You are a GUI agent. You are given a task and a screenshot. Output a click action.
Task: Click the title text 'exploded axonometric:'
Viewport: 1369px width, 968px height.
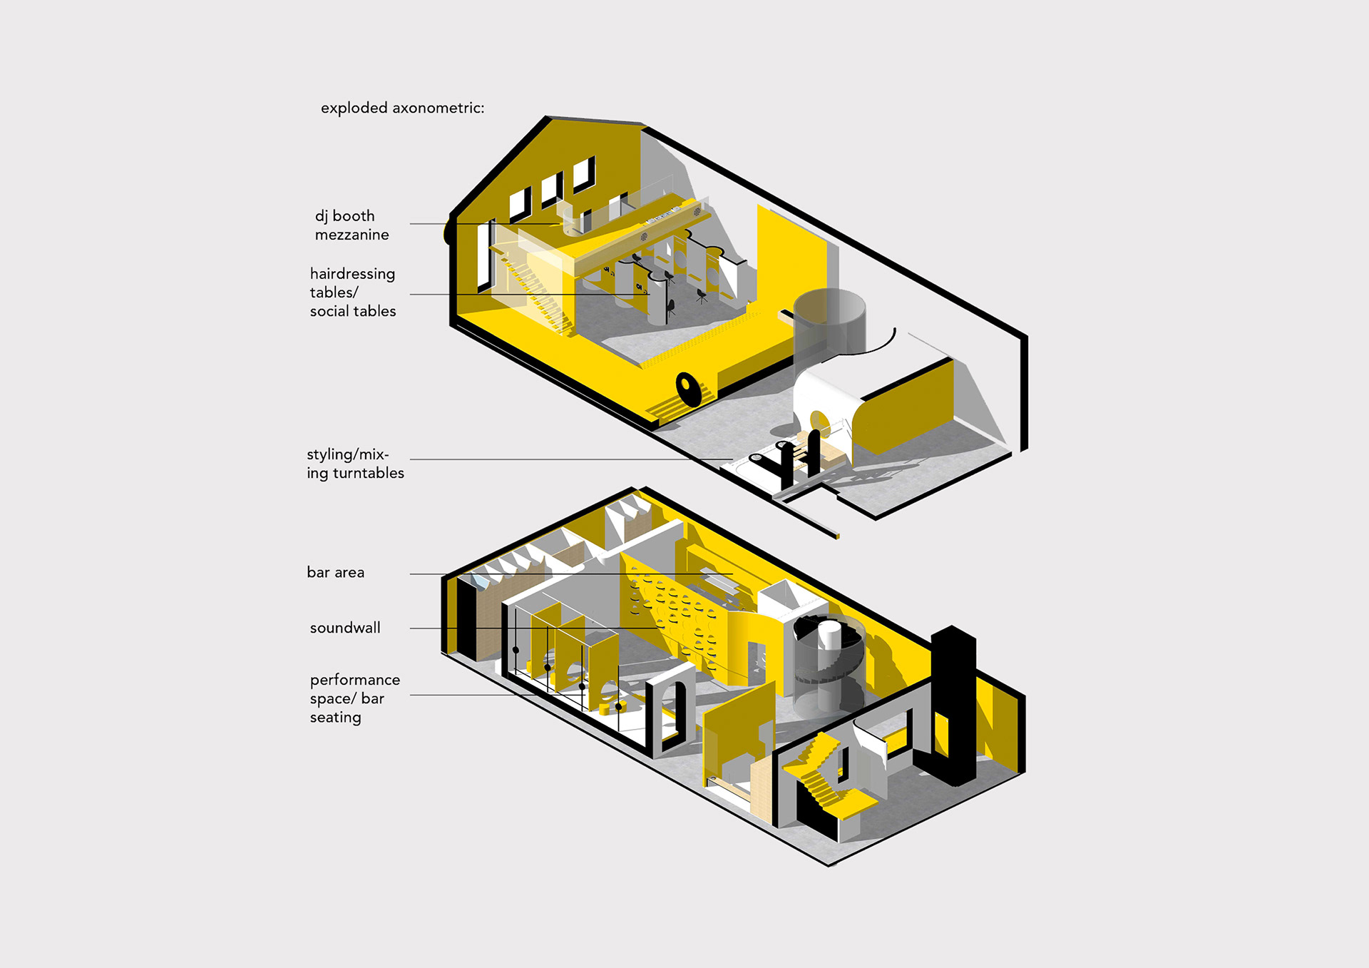point(402,108)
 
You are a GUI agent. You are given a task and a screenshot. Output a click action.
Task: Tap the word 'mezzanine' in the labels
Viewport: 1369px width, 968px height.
point(352,235)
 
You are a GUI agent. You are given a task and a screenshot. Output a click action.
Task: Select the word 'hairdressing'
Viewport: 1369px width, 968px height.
point(352,274)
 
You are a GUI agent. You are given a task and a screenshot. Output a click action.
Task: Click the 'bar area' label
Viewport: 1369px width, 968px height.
point(335,572)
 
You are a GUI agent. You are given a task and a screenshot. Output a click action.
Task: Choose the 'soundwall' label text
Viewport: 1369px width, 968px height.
point(345,628)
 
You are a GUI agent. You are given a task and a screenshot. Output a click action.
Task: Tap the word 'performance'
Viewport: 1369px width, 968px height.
point(354,680)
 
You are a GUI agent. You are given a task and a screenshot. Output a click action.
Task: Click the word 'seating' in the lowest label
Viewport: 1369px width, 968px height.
point(335,718)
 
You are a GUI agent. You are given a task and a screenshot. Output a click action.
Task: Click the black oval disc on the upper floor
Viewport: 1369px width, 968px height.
point(688,389)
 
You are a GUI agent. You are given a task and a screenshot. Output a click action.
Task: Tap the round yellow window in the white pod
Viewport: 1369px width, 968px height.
point(819,422)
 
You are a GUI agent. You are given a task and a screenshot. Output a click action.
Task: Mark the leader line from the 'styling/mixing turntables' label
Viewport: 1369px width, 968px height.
point(570,459)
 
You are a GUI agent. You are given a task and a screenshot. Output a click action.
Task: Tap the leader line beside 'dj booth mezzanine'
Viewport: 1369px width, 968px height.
point(485,224)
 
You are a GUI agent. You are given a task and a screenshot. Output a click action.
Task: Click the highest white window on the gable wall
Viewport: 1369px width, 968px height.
point(583,174)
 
